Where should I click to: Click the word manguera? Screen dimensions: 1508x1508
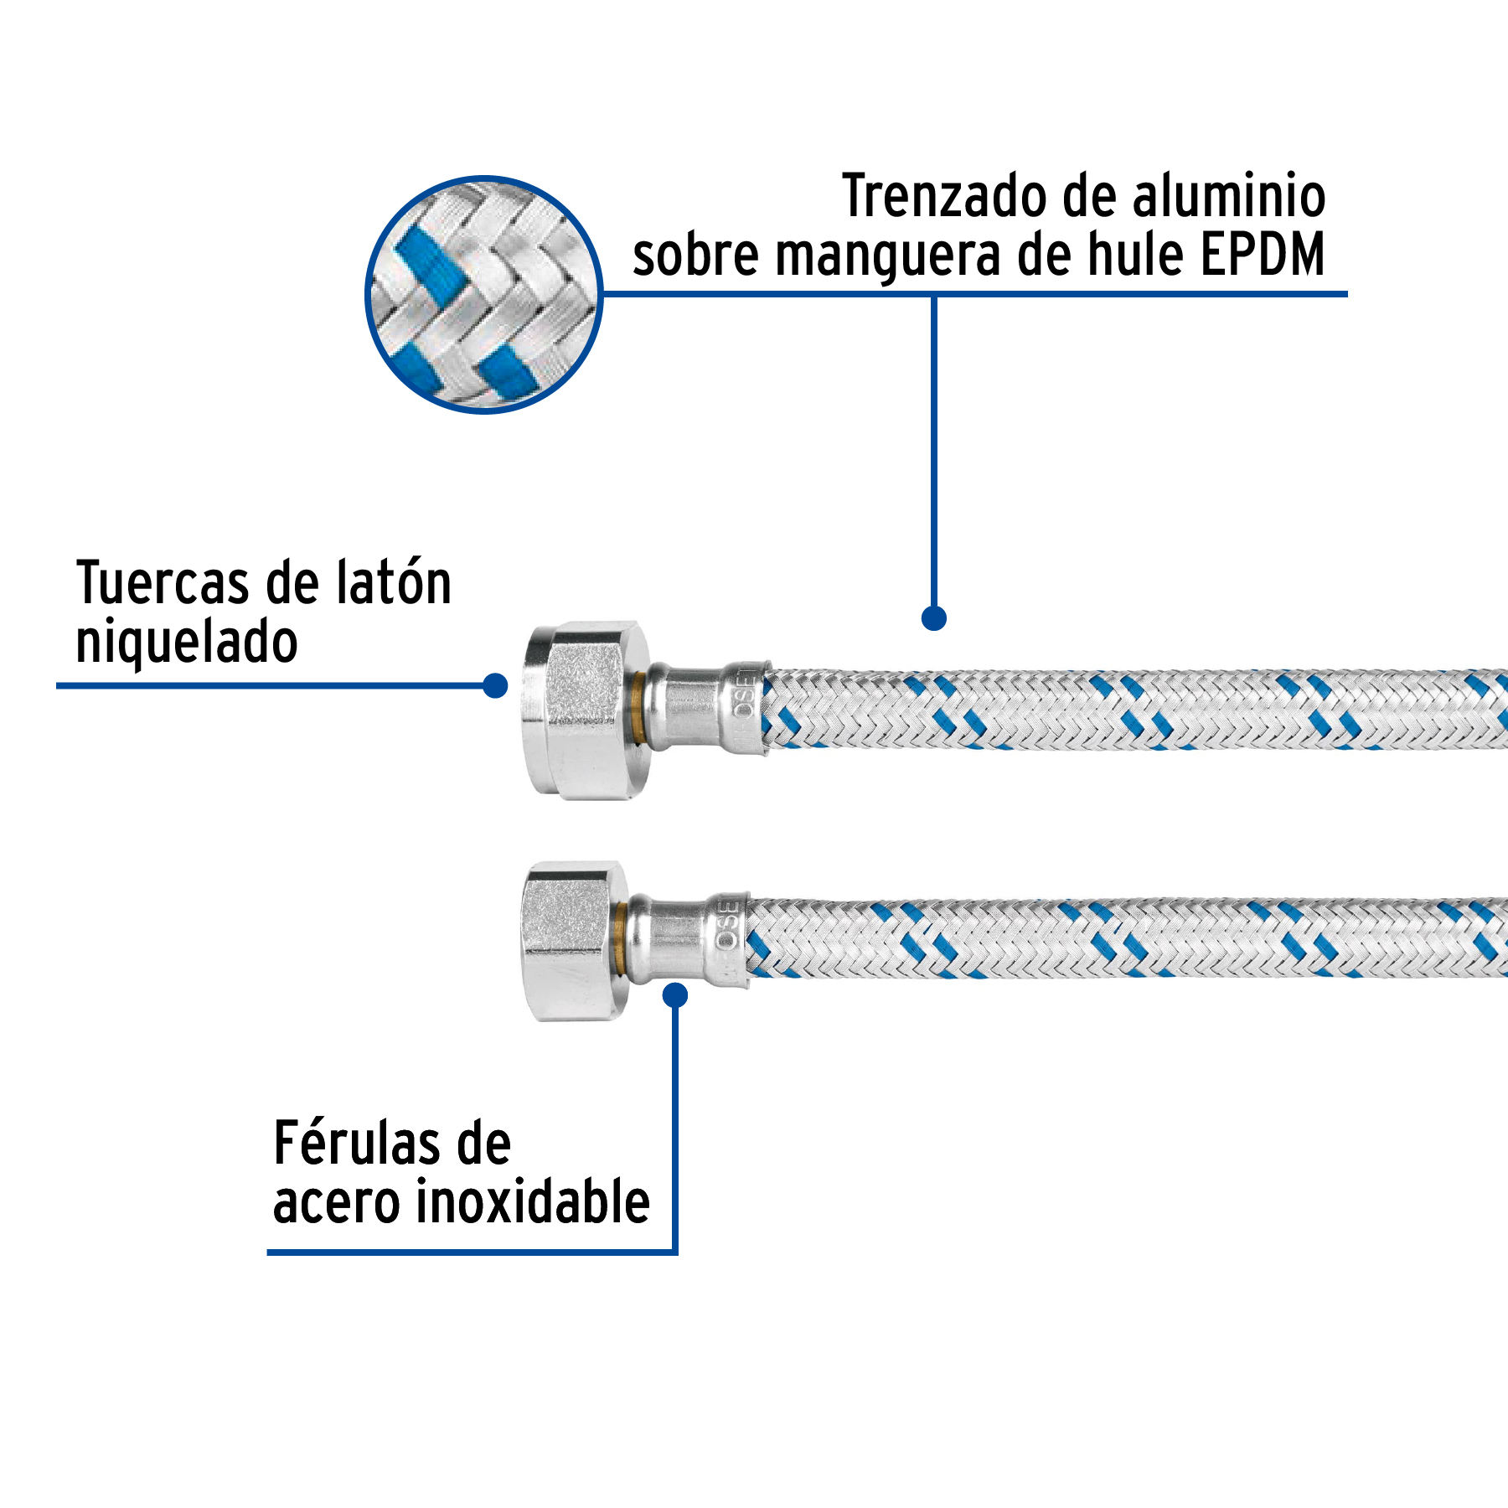coord(888,256)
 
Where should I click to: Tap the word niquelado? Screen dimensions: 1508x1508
coord(187,643)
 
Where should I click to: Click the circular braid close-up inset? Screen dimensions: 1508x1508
coord(484,294)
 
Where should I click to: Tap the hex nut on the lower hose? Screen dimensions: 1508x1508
coord(570,940)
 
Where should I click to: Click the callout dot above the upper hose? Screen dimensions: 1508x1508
coord(933,618)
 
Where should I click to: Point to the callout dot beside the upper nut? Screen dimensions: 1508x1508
coord(496,685)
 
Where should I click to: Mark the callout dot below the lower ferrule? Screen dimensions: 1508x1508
coord(675,995)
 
